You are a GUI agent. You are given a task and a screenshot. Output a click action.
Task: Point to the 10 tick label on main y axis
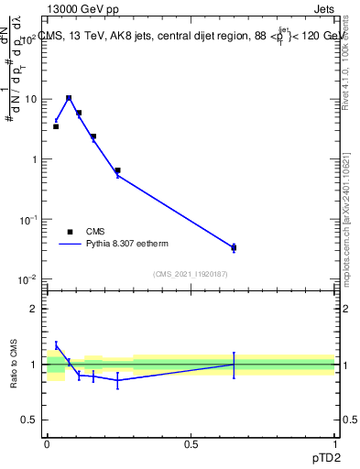click(x=31, y=99)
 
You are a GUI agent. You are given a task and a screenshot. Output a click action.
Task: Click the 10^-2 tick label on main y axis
click(x=28, y=278)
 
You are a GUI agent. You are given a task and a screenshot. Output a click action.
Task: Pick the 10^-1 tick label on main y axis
click(x=28, y=219)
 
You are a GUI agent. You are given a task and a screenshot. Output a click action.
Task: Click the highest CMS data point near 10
click(x=69, y=98)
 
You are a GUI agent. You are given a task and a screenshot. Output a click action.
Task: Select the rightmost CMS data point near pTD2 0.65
click(x=234, y=247)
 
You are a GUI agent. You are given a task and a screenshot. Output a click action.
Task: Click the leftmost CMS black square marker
click(x=56, y=126)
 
